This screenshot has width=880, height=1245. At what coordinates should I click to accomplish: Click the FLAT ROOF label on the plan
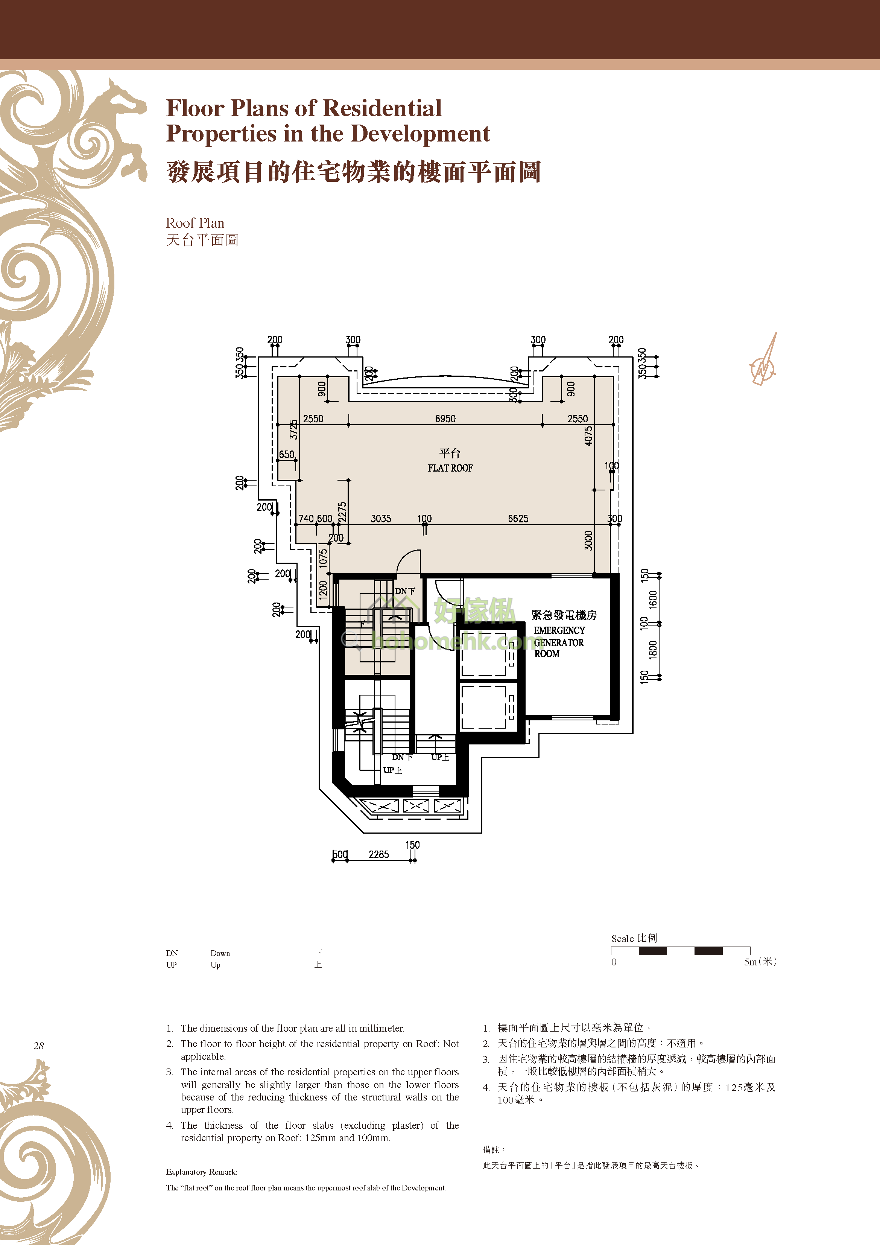coord(450,468)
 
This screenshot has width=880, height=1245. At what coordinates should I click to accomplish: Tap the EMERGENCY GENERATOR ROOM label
coord(559,642)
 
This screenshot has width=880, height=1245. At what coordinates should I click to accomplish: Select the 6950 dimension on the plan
coord(445,419)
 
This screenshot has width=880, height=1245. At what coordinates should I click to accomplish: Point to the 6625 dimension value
coord(518,519)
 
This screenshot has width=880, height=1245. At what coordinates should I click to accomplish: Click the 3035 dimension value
coord(381,519)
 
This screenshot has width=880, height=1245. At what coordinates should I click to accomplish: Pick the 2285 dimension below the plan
coord(378,855)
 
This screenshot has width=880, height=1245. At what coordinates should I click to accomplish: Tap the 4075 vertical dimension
coord(588,436)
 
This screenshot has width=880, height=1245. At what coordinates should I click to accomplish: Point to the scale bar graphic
coord(681,951)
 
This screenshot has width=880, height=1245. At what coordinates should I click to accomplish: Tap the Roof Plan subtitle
coord(195,223)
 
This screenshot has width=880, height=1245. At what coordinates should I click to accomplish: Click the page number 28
coord(38,1046)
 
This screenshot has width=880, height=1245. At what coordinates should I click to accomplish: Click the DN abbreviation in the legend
coord(172,953)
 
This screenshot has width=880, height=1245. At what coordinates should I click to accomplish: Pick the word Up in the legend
coord(215,965)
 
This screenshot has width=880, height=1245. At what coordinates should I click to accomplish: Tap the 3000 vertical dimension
coord(588,540)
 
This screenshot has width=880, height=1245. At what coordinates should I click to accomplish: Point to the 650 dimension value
coord(287,454)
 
